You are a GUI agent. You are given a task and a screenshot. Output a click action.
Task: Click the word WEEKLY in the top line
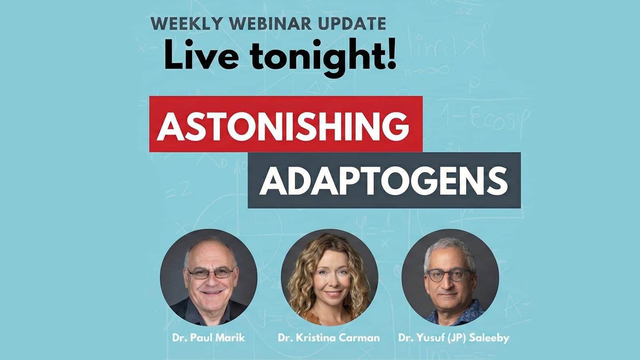tap(186, 24)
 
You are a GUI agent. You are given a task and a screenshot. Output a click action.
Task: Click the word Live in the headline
tap(202, 54)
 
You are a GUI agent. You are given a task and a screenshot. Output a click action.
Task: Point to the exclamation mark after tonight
tap(392, 54)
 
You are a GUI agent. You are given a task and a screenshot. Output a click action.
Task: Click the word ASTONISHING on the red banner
tap(283, 126)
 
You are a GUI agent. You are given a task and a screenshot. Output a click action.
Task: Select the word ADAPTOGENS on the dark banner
tap(384, 180)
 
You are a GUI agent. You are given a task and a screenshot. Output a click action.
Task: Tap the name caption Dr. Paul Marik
tap(208, 338)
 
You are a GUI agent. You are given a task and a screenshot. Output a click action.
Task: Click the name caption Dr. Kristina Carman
tap(329, 338)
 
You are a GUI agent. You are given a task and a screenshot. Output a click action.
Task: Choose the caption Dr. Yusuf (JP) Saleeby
tap(454, 338)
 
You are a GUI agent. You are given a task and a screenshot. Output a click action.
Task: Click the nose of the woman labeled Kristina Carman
tap(332, 282)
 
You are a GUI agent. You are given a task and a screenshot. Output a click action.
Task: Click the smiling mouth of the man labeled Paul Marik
tap(212, 292)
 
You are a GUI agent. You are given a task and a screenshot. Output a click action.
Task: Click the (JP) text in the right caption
tap(457, 338)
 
